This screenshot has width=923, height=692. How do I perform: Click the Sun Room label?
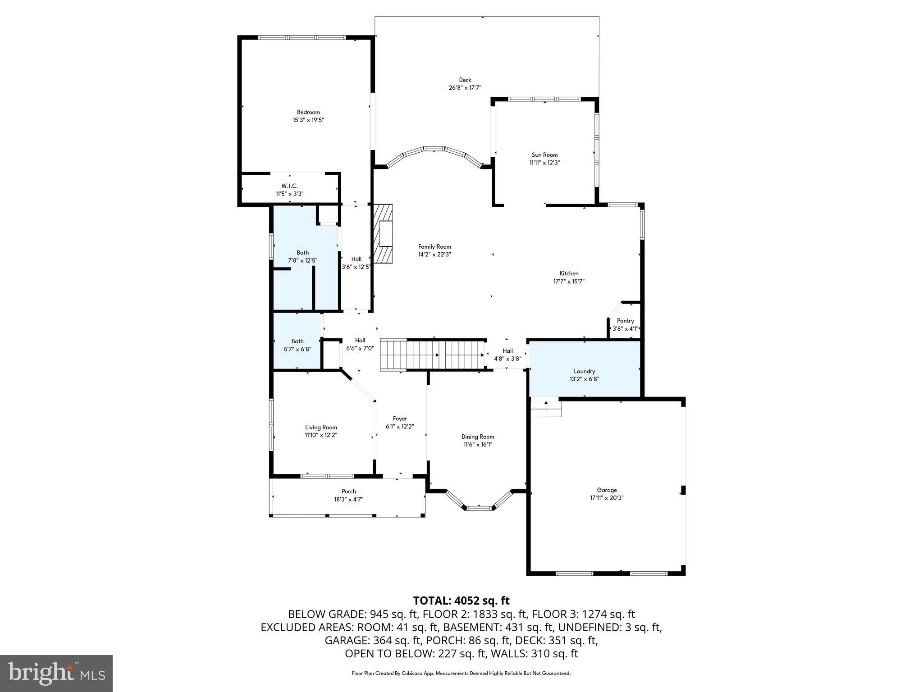pyautogui.click(x=544, y=155)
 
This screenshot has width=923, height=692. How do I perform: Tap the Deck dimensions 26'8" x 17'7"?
pyautogui.click(x=465, y=88)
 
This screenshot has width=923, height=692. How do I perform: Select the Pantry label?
pyautogui.click(x=625, y=321)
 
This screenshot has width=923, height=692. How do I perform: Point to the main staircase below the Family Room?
pyautogui.click(x=433, y=355)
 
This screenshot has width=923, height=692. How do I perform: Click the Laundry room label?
pyautogui.click(x=584, y=371)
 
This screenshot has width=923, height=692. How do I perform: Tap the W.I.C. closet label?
pyautogui.click(x=289, y=186)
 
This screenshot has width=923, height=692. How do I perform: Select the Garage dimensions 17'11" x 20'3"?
pyautogui.click(x=607, y=498)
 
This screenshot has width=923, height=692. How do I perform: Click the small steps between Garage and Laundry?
pyautogui.click(x=546, y=409)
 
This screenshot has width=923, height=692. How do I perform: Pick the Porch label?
pyautogui.click(x=348, y=492)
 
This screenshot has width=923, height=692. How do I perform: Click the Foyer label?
pyautogui.click(x=400, y=419)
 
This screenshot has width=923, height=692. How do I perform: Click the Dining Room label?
pyautogui.click(x=478, y=437)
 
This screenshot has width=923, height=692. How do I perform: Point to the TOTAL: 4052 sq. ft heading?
pyautogui.click(x=461, y=601)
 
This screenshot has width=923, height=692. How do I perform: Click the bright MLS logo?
pyautogui.click(x=56, y=673)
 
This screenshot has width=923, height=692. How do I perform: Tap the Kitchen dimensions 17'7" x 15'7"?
pyautogui.click(x=569, y=282)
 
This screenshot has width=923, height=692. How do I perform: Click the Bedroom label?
pyautogui.click(x=308, y=112)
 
